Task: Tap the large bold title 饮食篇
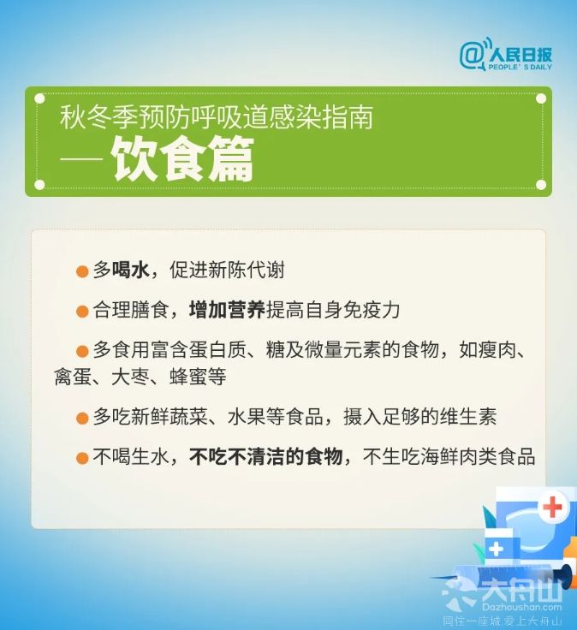click(182, 159)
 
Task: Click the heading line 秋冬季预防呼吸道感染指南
click(217, 117)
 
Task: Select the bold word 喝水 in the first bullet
click(131, 270)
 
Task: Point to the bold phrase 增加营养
click(227, 310)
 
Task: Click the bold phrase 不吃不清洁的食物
click(265, 457)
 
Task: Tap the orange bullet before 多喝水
click(82, 271)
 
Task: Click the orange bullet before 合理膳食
click(82, 312)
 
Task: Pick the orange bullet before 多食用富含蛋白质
click(82, 352)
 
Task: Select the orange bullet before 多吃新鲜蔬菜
click(82, 419)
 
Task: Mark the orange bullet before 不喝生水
click(82, 459)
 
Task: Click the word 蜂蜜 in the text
click(188, 377)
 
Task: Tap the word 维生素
click(468, 417)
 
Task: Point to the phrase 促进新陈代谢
click(227, 270)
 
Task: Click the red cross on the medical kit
click(552, 507)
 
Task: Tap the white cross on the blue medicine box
click(496, 549)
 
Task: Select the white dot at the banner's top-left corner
click(39, 98)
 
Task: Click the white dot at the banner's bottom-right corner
click(541, 185)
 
